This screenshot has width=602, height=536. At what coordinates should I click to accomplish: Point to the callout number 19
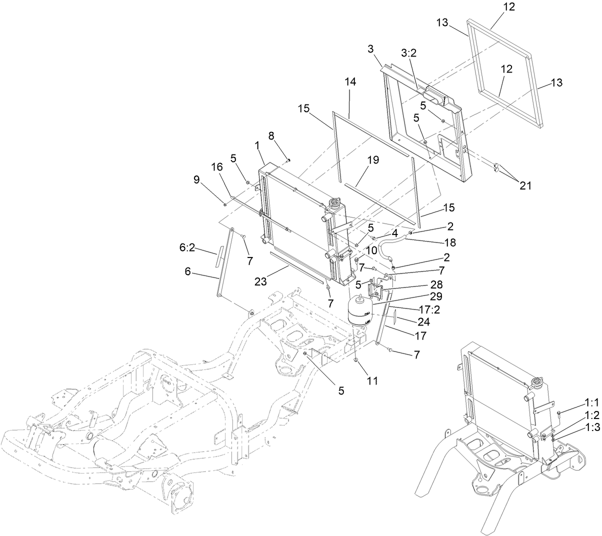tap(372, 160)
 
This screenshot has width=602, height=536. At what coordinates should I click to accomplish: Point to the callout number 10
tap(371, 249)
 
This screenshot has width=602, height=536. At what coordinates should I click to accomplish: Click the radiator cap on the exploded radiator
tap(333, 203)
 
